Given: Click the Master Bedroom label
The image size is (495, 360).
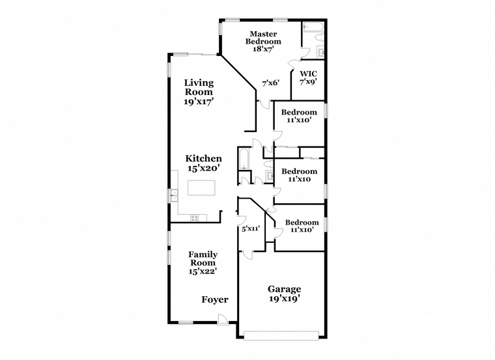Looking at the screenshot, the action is click(263, 38).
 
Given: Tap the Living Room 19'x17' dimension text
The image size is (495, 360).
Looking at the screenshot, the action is click(199, 102).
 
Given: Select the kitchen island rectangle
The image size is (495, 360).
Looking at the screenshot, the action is click(201, 187).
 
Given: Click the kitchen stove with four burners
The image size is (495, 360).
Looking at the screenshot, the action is click(194, 217).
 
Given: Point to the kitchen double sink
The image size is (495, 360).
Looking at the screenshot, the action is click(174, 195).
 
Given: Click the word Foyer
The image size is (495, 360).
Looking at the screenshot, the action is click(215, 299).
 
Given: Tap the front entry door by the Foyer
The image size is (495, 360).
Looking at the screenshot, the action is click(222, 319).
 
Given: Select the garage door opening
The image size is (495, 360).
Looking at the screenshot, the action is click(281, 335).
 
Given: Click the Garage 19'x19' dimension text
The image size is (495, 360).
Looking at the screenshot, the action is click(285, 298).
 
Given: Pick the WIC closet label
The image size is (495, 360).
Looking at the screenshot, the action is click(308, 74).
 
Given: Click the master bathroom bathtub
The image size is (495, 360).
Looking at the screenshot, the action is click(313, 27).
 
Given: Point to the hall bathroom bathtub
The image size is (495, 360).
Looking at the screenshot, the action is click(244, 159).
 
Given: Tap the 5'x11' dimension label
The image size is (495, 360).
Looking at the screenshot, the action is click(251, 228).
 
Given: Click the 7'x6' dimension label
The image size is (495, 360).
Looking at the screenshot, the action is click(271, 83).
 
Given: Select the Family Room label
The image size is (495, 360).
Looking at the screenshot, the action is click(203, 258).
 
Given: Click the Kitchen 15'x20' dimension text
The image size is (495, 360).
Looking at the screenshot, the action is click(204, 168).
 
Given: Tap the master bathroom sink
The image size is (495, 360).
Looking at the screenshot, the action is click(320, 53).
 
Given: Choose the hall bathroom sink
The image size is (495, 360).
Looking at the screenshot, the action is click(269, 176).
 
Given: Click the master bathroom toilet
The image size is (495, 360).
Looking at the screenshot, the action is click(319, 38).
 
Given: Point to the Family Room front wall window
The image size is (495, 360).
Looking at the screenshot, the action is click(186, 322).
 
